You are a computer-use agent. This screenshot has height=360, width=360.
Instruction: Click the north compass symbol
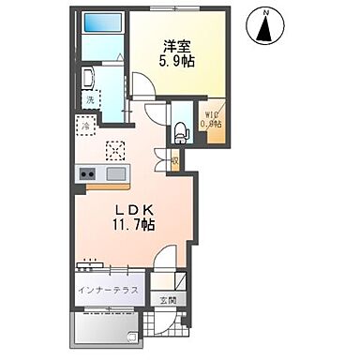[266, 27]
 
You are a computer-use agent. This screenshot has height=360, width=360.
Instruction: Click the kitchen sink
[116, 173]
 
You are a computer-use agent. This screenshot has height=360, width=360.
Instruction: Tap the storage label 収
[175, 160]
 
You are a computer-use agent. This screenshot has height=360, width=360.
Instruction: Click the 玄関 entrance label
[167, 299]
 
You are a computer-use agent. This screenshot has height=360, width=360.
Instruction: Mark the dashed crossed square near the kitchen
[116, 149]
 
